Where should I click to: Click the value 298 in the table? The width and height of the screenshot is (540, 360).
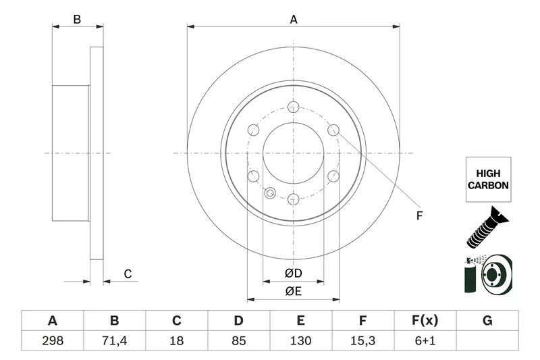(52, 341)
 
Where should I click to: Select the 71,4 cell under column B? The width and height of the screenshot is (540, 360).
(114, 341)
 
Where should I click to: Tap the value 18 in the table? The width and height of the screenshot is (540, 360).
(176, 341)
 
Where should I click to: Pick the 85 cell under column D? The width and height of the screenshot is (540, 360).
(238, 341)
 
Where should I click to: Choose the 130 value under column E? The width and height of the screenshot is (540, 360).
(300, 341)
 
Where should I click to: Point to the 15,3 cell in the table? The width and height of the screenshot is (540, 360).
(362, 341)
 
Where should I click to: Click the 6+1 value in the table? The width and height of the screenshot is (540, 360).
(425, 341)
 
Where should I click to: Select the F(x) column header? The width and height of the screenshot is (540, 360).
(425, 320)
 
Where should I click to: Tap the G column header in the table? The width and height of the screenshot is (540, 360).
(487, 320)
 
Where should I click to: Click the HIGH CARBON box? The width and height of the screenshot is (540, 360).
(487, 179)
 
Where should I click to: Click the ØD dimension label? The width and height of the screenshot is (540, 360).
(293, 273)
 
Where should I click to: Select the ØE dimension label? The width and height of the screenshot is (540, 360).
(293, 291)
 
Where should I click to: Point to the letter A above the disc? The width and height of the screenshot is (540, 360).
(294, 20)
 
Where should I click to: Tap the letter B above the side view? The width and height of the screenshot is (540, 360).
(78, 20)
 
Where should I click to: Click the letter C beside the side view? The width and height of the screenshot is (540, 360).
(127, 274)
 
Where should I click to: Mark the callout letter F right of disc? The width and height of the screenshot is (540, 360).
(418, 216)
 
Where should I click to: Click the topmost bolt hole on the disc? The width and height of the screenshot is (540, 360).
(293, 107)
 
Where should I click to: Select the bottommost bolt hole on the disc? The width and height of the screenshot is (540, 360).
(293, 199)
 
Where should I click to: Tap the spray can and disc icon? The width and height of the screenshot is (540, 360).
(487, 274)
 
